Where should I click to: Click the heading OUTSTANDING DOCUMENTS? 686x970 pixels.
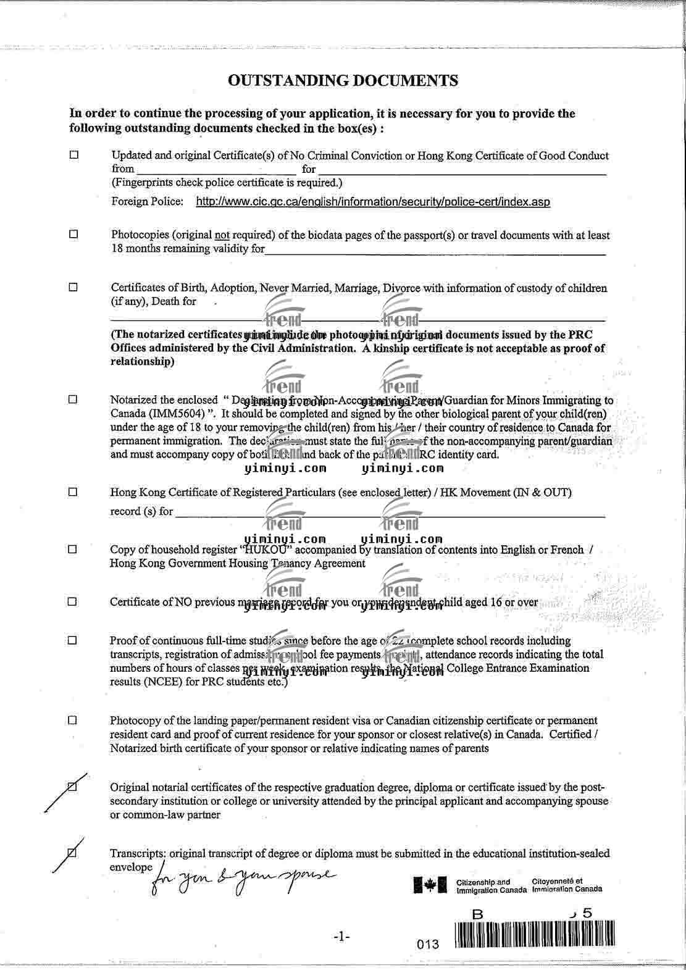pos(343,80)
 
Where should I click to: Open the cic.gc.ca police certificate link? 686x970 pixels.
pos(372,202)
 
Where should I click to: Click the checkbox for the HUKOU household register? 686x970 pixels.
pos(73,549)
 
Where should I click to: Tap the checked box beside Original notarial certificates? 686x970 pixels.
pos(72,787)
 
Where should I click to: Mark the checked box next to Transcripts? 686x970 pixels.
pos(72,853)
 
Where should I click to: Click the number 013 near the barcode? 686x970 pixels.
pos(428,944)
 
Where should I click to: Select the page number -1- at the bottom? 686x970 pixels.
pos(341,937)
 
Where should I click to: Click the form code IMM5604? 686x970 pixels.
pos(179,414)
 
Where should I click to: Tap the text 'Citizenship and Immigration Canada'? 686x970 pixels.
pos(491,886)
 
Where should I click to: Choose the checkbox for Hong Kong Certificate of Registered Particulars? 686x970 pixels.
pos(73,492)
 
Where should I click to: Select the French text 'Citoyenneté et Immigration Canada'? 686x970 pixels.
pos(566,885)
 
